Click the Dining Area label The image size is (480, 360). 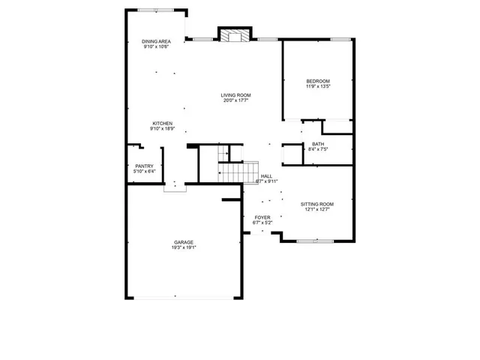point(156,41)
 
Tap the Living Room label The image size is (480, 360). point(235,95)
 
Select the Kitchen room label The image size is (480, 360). point(163,123)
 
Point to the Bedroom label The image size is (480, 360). point(317,81)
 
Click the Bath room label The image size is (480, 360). point(317,144)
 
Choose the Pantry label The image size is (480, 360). point(144,166)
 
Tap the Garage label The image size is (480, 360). point(184,242)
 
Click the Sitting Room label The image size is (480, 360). point(317,204)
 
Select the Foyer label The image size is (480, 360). point(262,217)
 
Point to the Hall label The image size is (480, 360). point(266,176)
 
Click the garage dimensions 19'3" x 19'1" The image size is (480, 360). point(184,247)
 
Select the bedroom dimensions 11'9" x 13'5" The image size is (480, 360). point(317,86)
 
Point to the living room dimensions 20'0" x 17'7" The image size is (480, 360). point(235,100)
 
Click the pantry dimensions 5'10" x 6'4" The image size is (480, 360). point(144,171)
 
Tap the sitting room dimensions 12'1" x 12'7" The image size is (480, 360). point(317,209)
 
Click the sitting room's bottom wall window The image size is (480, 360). point(315,241)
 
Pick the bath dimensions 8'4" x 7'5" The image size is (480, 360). point(317,149)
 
